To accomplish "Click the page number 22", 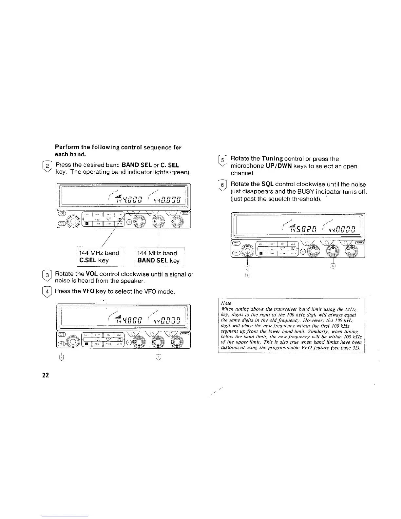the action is [x=45, y=375].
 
